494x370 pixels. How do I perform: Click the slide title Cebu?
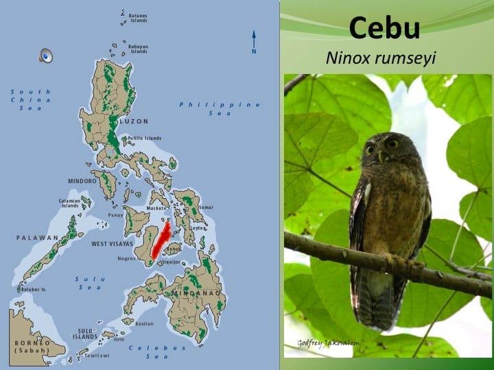point(384,29)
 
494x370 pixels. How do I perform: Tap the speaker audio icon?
point(46,56)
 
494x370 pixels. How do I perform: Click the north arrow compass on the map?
point(254,42)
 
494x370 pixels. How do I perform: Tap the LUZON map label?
point(133,121)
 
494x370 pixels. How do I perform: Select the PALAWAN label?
point(37,238)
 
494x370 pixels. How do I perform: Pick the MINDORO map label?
point(82,181)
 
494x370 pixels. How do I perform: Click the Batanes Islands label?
point(138,18)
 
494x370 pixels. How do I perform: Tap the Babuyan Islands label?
point(139,49)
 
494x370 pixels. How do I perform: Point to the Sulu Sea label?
point(89,283)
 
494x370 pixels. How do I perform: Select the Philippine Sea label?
point(220,108)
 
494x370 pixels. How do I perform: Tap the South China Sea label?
point(31,99)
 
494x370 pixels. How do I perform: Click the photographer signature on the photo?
point(328,343)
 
